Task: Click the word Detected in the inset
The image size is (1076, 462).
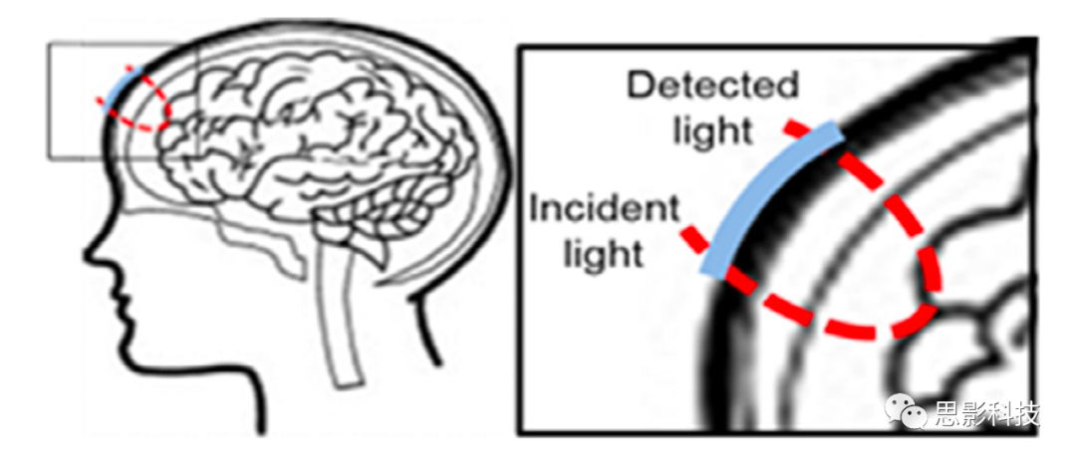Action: click(x=712, y=87)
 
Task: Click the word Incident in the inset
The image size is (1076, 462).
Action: click(x=604, y=210)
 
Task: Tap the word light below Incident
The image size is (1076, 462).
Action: click(x=604, y=256)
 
